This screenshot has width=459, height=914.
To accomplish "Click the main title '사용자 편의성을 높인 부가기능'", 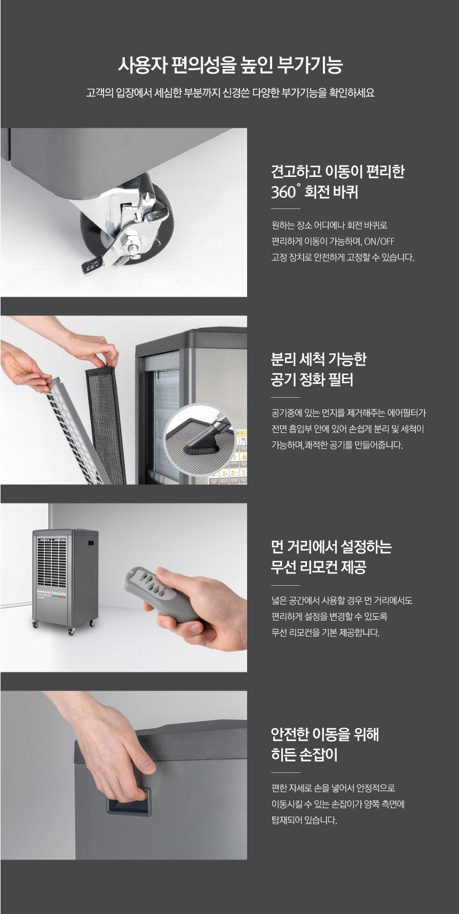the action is [x=230, y=65].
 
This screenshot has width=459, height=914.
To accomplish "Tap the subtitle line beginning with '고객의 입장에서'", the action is [x=230, y=92].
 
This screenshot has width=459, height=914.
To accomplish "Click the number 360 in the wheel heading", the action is [x=284, y=192].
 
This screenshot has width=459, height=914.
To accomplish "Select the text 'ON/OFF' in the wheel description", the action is [x=379, y=241].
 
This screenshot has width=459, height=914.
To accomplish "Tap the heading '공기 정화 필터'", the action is [x=312, y=380].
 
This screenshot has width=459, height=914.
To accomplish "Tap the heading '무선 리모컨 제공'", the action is [x=319, y=567].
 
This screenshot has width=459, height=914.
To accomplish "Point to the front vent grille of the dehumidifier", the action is [x=52, y=562].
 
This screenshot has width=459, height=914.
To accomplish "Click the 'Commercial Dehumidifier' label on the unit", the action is [x=52, y=592].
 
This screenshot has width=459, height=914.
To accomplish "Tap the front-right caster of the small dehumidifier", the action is [x=72, y=631].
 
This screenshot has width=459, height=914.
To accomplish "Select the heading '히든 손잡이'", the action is [x=304, y=755].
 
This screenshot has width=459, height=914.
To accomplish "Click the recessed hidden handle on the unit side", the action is [x=129, y=802].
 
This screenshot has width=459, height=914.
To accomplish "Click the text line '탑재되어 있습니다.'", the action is [x=304, y=820].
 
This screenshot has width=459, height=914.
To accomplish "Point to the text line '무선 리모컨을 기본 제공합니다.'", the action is [x=326, y=632].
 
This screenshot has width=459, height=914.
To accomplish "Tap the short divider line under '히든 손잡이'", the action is [x=286, y=772].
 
